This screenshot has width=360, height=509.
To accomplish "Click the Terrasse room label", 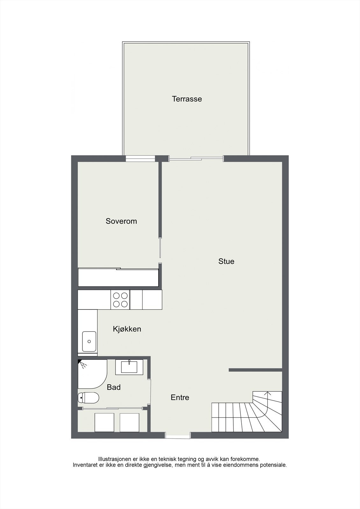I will (187, 99).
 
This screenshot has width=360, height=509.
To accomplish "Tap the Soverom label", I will (121, 221).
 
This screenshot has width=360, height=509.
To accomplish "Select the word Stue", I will (226, 261).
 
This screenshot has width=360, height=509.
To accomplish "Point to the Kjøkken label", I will (127, 329).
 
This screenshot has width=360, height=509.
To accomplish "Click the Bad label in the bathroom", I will (114, 387).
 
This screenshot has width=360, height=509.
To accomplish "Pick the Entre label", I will (180, 397).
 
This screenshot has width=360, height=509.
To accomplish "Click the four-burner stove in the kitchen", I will (120, 300).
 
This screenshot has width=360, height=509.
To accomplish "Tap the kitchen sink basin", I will (89, 341).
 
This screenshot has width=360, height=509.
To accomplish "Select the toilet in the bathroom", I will (88, 397).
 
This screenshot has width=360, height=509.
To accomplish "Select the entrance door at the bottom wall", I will (178, 436).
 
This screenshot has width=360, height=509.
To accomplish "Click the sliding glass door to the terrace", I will (196, 158).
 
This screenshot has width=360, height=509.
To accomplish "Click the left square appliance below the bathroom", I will (104, 422).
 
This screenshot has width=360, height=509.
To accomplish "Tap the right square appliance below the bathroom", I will (129, 422).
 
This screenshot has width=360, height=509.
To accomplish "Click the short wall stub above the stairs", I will (255, 370).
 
